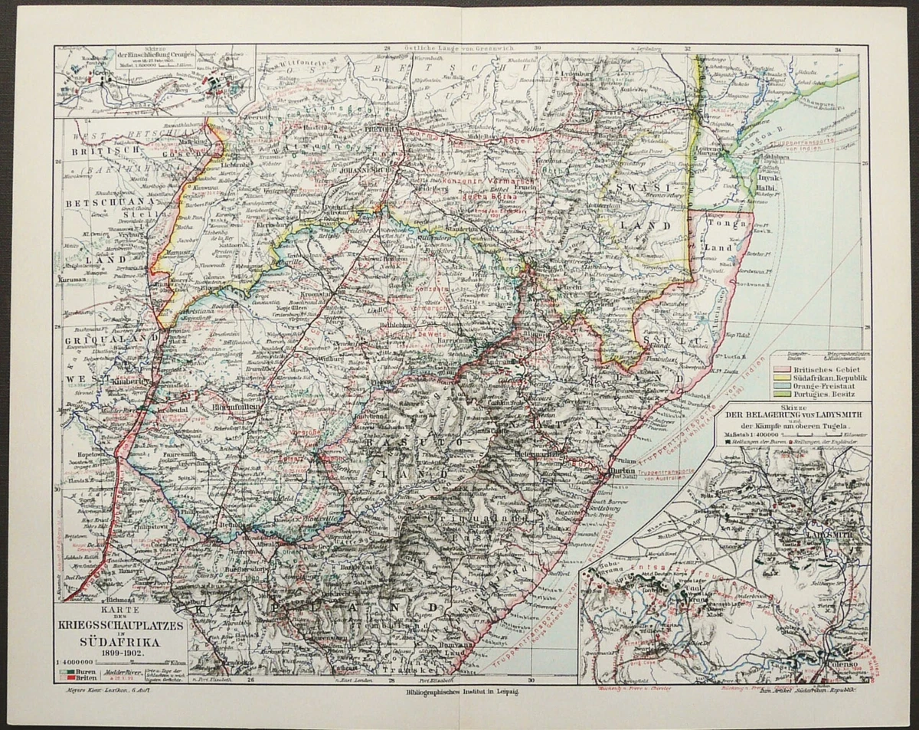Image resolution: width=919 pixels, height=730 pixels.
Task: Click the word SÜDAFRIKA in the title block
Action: [119, 642]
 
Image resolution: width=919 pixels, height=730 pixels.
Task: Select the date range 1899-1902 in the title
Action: [119, 653]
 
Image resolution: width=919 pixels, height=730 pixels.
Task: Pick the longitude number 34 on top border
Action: [837, 51]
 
